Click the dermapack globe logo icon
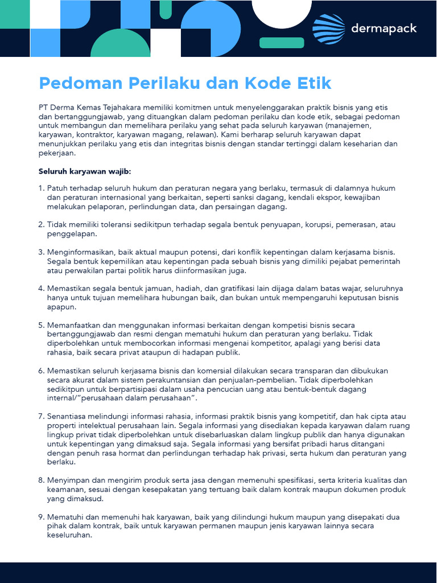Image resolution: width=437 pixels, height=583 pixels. (328, 28)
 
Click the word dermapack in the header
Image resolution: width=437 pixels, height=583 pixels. (384, 28)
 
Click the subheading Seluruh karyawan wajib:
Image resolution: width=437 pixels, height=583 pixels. (85, 170)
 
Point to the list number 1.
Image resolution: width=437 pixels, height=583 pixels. (41, 188)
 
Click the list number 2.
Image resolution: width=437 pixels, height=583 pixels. (41, 224)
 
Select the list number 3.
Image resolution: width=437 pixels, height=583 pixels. (41, 252)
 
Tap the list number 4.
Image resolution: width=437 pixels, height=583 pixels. (41, 288)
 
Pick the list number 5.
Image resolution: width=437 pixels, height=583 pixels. (41, 325)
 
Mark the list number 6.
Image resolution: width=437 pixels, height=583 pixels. (41, 371)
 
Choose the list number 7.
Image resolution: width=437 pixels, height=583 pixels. (41, 416)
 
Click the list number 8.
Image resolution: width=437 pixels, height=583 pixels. (41, 480)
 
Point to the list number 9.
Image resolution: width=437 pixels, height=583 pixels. (41, 517)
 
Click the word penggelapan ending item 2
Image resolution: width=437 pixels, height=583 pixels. (72, 233)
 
